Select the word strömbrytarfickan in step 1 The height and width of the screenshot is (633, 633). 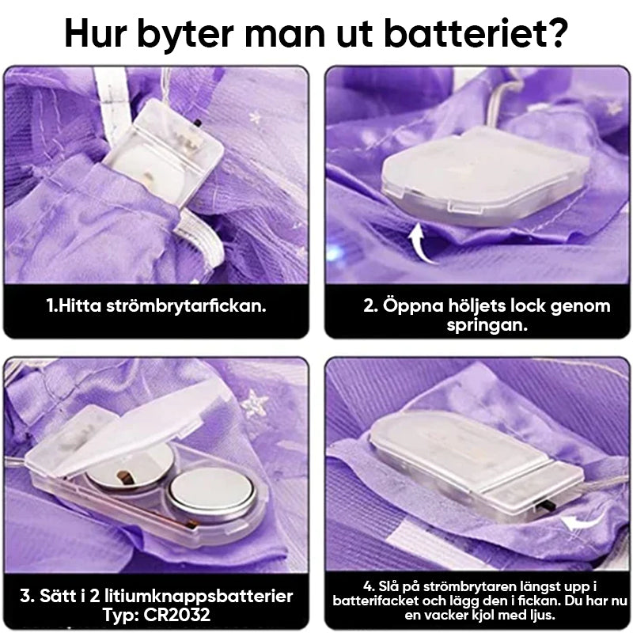(186, 306)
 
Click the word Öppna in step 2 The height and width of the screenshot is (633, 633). (411, 306)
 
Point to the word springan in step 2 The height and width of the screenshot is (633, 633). (487, 325)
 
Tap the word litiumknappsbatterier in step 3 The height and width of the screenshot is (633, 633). (199, 597)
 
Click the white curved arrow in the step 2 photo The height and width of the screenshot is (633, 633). (421, 243)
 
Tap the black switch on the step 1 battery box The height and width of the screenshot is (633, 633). (198, 123)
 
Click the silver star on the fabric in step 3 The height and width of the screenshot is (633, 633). (254, 404)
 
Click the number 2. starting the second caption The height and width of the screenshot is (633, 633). (370, 306)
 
